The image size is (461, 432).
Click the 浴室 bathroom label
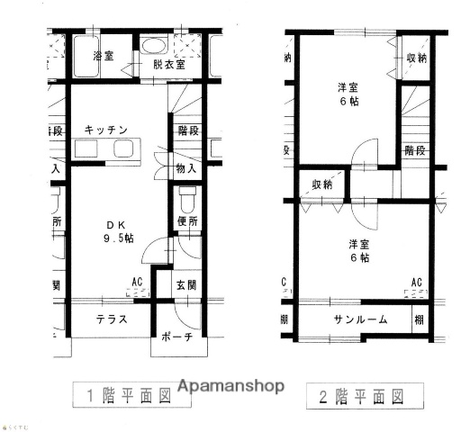[103, 57]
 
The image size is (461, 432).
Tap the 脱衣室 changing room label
[168, 65]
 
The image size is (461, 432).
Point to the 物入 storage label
[186, 168]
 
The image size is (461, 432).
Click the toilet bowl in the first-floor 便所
[187, 198]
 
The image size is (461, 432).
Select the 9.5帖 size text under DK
[117, 238]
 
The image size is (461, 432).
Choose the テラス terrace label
[111, 319]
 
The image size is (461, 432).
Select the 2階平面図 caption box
[355, 394]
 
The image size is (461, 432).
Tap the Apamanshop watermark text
[230, 385]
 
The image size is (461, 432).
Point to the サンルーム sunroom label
[360, 319]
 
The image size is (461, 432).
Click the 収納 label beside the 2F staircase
[416, 59]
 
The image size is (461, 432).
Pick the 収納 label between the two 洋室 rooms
[321, 184]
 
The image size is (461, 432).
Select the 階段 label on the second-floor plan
[415, 149]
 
